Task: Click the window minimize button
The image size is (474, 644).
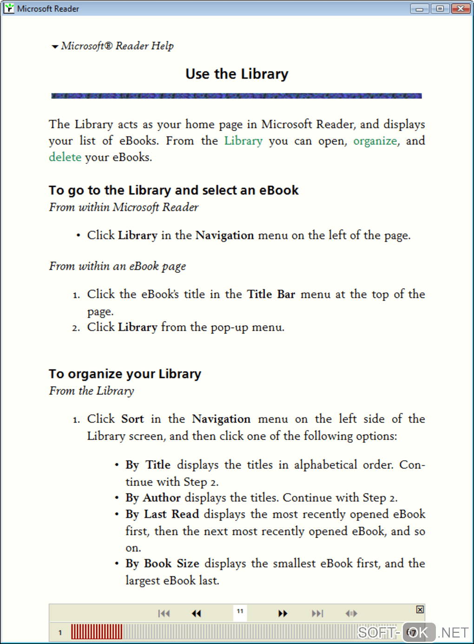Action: pos(420,8)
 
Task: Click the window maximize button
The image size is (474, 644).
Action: pos(440,8)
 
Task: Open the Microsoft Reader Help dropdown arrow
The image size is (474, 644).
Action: pos(55,46)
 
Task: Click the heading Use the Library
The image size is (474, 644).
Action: pos(237,74)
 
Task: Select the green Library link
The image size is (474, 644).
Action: pos(243,141)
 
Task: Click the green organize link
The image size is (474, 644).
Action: pos(375,141)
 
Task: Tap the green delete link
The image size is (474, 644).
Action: pos(65,157)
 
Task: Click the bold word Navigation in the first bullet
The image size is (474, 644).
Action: pos(224,235)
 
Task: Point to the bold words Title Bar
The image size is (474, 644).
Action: pos(271,294)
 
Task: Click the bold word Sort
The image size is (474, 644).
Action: pos(132,419)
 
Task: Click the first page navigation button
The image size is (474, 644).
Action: pos(164,613)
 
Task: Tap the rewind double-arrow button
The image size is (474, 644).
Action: pos(197,613)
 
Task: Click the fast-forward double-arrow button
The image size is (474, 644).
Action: pos(283,613)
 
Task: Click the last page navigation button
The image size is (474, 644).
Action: pos(317,613)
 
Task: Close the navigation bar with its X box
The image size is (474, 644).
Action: pos(420,609)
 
